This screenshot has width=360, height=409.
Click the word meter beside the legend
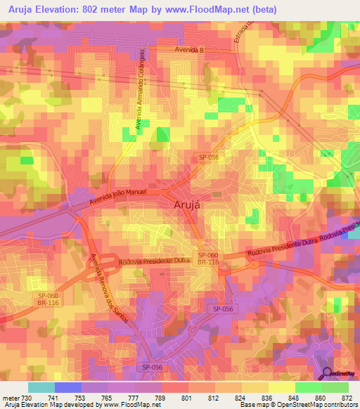coord(10,398)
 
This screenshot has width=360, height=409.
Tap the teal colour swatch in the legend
coord(41,387)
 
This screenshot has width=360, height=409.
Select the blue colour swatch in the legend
coord(68,387)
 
